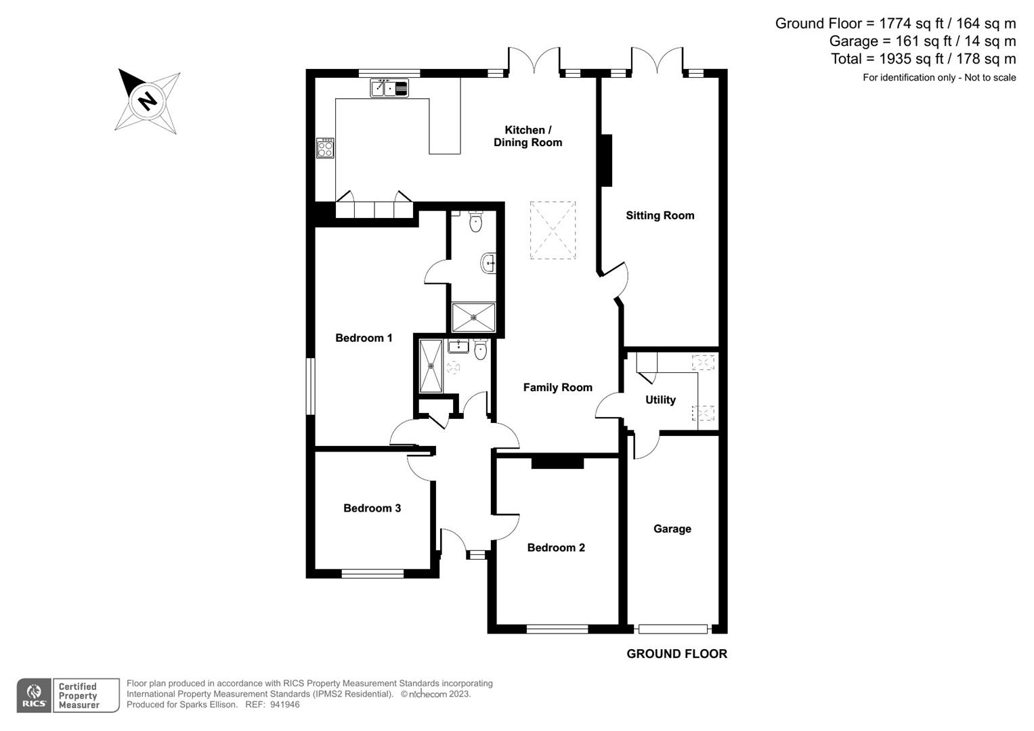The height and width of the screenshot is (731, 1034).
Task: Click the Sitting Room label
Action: (x=660, y=215)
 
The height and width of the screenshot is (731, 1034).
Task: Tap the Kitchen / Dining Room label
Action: (x=527, y=136)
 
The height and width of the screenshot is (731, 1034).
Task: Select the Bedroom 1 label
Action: (x=364, y=338)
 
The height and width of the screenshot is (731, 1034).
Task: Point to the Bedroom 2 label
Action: (x=556, y=548)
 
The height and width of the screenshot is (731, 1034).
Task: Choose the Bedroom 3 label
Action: (x=372, y=508)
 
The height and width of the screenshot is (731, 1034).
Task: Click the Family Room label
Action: (x=557, y=387)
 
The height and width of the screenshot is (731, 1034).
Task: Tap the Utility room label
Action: (x=660, y=400)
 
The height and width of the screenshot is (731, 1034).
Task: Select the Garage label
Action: (x=672, y=529)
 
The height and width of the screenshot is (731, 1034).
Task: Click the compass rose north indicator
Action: (x=148, y=101)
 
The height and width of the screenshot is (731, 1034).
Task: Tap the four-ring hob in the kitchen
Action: (x=325, y=148)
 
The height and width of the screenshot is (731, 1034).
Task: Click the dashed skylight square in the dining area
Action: (x=553, y=230)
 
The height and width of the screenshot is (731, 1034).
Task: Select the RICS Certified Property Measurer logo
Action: (x=68, y=696)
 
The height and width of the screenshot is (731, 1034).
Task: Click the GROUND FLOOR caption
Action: (x=676, y=654)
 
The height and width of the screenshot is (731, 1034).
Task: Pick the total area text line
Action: (x=923, y=59)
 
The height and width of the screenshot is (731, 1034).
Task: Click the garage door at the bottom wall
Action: (x=673, y=629)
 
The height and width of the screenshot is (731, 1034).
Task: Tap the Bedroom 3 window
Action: (x=372, y=574)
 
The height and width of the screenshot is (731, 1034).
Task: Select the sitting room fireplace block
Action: (x=607, y=160)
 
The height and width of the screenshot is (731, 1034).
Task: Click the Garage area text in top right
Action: (x=922, y=41)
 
